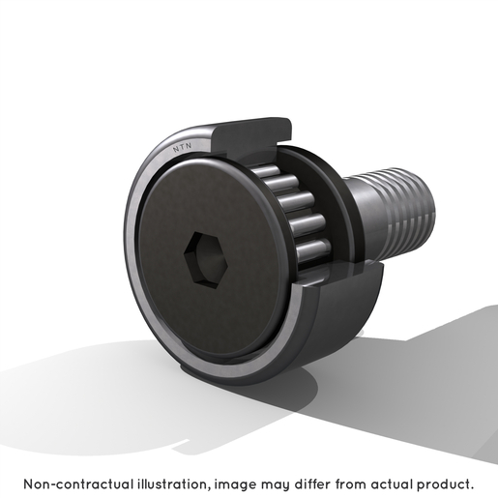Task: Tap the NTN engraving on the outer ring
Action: (x=183, y=147)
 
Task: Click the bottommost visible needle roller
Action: (x=313, y=250)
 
